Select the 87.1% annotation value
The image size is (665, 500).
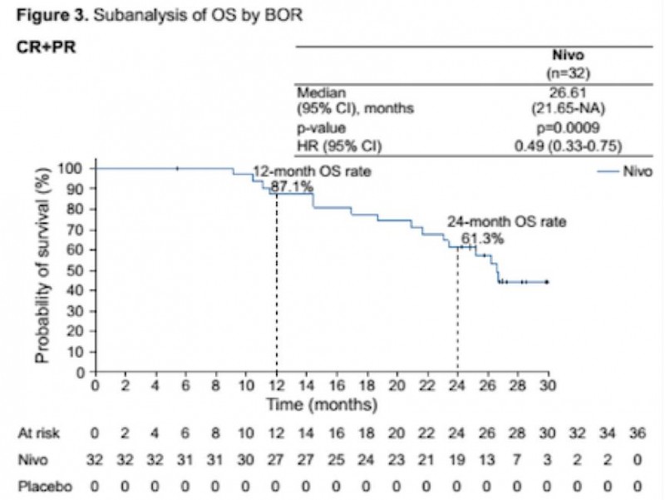pyautogui.click(x=296, y=187)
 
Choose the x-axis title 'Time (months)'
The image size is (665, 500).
pyautogui.click(x=321, y=406)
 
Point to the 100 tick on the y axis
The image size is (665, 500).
pyautogui.click(x=75, y=169)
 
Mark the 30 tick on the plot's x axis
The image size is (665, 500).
pyautogui.click(x=548, y=388)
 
